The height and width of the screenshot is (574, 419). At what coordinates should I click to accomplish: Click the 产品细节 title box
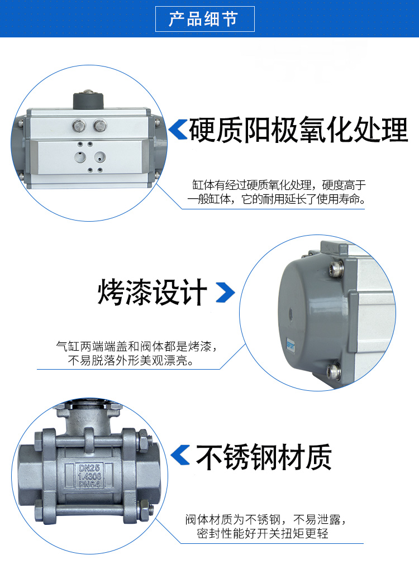pyautogui.click(x=204, y=19)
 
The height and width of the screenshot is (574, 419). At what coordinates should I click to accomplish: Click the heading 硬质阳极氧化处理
pyautogui.click(x=298, y=130)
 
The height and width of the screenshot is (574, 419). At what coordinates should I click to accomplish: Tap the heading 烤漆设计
pyautogui.click(x=152, y=292)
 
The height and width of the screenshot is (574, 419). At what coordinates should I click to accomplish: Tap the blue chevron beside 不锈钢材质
pyautogui.click(x=180, y=455)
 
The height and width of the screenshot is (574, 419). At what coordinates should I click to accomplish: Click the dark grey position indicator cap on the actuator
pyautogui.click(x=89, y=100)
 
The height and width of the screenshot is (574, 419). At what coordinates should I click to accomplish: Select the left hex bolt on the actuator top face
pyautogui.click(x=79, y=126)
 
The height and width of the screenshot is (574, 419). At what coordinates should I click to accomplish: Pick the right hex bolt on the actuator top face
pyautogui.click(x=99, y=126)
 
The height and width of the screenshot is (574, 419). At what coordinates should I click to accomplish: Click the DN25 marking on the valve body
pyautogui.click(x=89, y=468)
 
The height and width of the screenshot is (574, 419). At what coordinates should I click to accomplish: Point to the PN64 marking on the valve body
pyautogui.click(x=89, y=484)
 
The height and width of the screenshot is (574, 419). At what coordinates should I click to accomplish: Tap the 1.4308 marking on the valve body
pyautogui.click(x=89, y=476)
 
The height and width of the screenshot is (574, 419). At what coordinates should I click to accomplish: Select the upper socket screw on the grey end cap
pyautogui.click(x=336, y=267)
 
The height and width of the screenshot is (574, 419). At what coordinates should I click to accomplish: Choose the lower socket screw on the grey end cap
pyautogui.click(x=334, y=371)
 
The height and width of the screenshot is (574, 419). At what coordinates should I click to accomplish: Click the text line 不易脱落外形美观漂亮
pyautogui.click(x=131, y=361)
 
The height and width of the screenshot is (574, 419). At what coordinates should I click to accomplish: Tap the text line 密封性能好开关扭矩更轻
pyautogui.click(x=262, y=533)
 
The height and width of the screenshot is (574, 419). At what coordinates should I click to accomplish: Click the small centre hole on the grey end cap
pyautogui.click(x=291, y=313)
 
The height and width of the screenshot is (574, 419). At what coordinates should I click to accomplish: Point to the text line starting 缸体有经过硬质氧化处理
pyautogui.click(x=279, y=185)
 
